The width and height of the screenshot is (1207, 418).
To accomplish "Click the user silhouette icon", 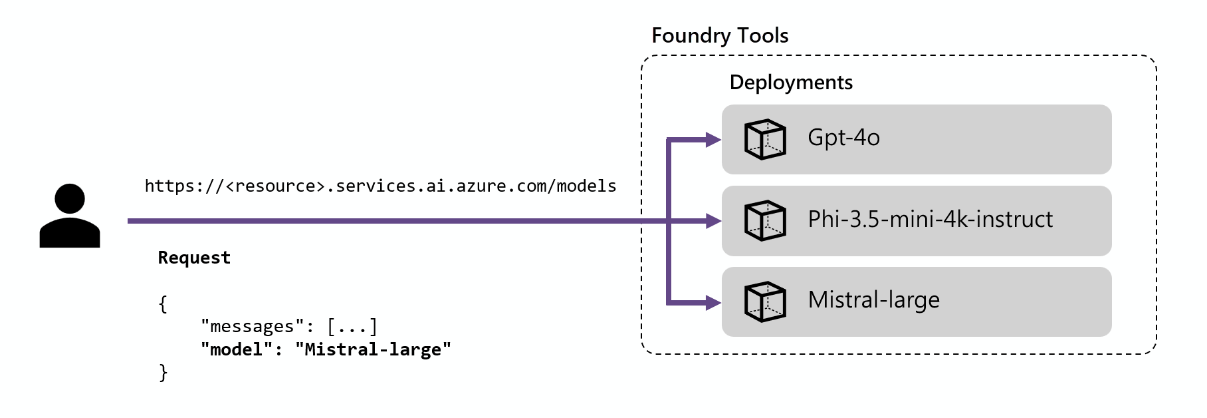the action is pyautogui.click(x=70, y=216).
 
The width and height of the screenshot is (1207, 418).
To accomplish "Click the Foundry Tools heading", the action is pyautogui.click(x=720, y=35).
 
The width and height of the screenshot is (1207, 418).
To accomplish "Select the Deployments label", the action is pyautogui.click(x=791, y=83).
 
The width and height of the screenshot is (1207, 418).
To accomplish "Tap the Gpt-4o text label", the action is pyautogui.click(x=843, y=138).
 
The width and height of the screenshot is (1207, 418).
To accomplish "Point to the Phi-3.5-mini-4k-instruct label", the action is pyautogui.click(x=931, y=219).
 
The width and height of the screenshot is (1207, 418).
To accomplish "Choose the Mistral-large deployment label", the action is pyautogui.click(x=874, y=300).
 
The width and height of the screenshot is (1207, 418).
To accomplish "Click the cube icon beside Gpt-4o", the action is pyautogui.click(x=765, y=139).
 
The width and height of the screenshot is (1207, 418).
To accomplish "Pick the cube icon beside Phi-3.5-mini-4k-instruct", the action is pyautogui.click(x=765, y=220).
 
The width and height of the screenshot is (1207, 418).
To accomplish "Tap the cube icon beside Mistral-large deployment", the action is pyautogui.click(x=765, y=302).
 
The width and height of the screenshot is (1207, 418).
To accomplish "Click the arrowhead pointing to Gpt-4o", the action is pyautogui.click(x=714, y=140).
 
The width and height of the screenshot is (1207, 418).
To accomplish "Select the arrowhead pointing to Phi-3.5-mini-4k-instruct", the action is pyautogui.click(x=714, y=221).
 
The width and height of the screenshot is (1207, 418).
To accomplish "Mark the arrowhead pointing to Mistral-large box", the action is pyautogui.click(x=714, y=303).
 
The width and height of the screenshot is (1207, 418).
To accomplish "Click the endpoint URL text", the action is pyautogui.click(x=380, y=186).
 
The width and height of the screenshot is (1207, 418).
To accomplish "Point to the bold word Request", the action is pyautogui.click(x=194, y=258).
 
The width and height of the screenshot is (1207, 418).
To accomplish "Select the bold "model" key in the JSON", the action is pyautogui.click(x=237, y=349).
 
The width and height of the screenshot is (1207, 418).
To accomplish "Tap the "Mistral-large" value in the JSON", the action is pyautogui.click(x=373, y=349).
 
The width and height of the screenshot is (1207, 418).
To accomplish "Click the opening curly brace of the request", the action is pyautogui.click(x=163, y=304).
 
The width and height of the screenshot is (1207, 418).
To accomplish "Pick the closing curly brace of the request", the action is pyautogui.click(x=163, y=373).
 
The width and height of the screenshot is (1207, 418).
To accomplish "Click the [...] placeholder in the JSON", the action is pyautogui.click(x=352, y=326).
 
